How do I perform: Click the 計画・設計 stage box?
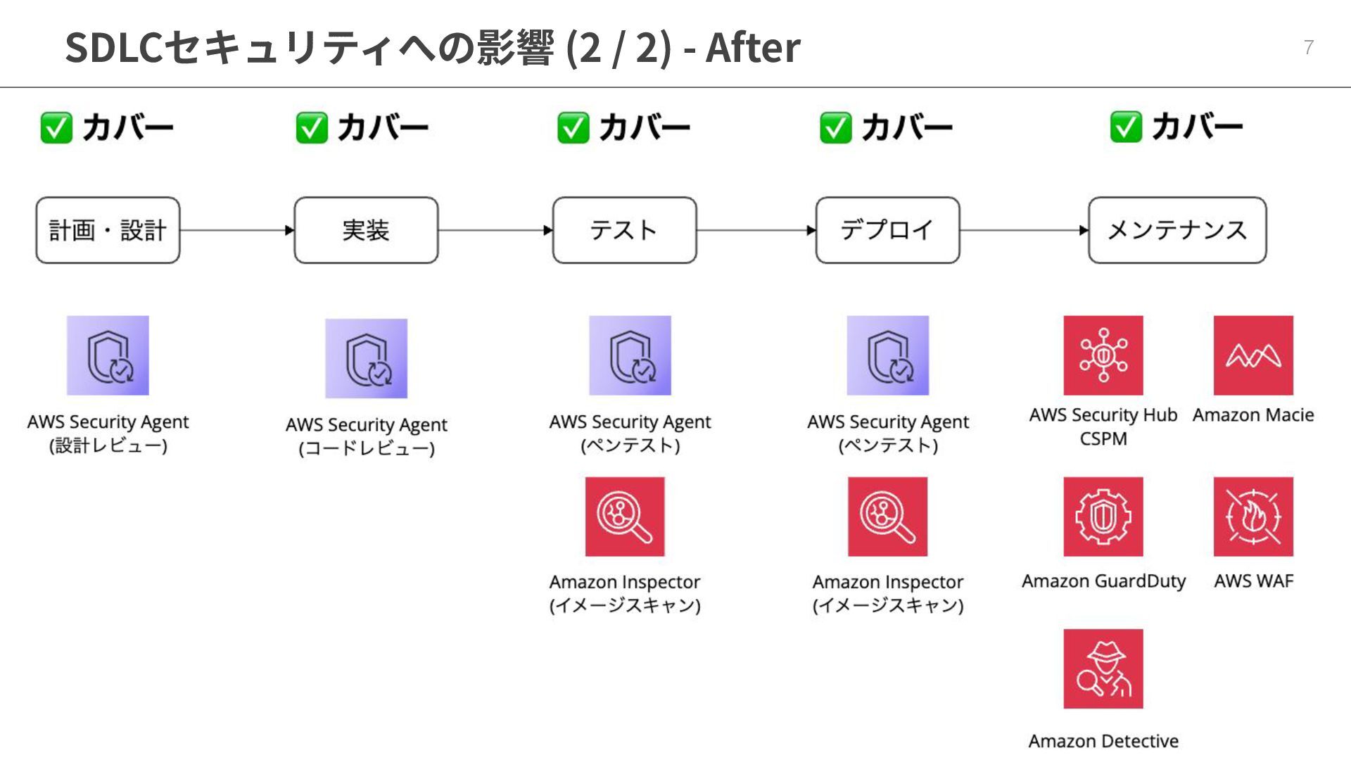pyautogui.click(x=108, y=230)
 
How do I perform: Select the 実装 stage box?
pyautogui.click(x=366, y=230)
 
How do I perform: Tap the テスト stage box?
pyautogui.click(x=624, y=230)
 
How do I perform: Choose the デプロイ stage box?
pyautogui.click(x=887, y=230)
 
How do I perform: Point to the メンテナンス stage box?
pyautogui.click(x=1176, y=230)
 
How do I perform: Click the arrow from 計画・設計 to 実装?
pyautogui.click(x=236, y=230)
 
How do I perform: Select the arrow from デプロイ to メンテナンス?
pyautogui.click(x=1024, y=230)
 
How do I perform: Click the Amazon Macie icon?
pyautogui.click(x=1253, y=355)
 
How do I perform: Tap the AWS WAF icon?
pyautogui.click(x=1253, y=517)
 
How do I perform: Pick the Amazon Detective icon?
pyautogui.click(x=1103, y=669)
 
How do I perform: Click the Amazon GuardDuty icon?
pyautogui.click(x=1103, y=517)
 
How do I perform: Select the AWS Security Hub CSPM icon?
pyautogui.click(x=1103, y=355)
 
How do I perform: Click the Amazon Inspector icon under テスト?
pyautogui.click(x=625, y=517)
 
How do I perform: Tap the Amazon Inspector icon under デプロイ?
pyautogui.click(x=887, y=517)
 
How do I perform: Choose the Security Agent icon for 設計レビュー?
pyautogui.click(x=108, y=355)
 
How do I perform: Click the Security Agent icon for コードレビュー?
pyautogui.click(x=366, y=358)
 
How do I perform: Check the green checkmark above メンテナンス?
pyautogui.click(x=1126, y=127)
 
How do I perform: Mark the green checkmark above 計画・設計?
pyautogui.click(x=56, y=128)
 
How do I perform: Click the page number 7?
pyautogui.click(x=1308, y=47)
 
